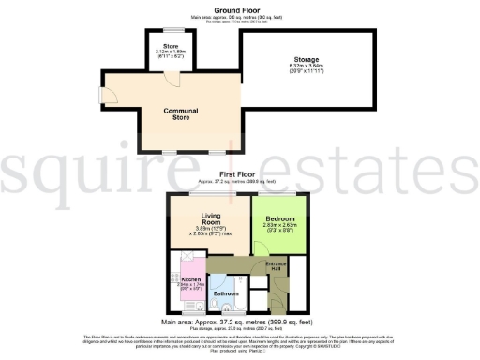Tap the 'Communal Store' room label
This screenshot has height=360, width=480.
pyautogui.click(x=181, y=115)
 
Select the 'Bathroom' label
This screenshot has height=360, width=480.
pyautogui.click(x=226, y=293)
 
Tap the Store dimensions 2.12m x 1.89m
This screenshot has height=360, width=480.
pyautogui.click(x=170, y=54)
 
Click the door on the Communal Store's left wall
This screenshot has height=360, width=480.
pyautogui.click(x=109, y=95)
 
